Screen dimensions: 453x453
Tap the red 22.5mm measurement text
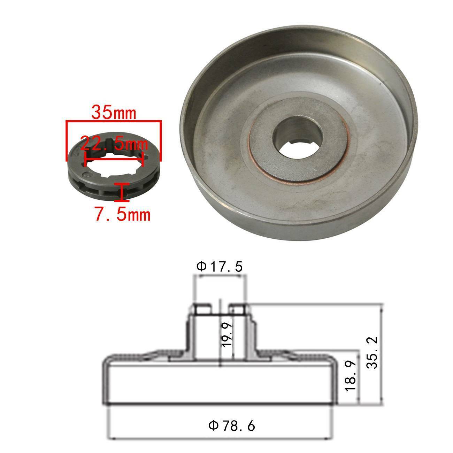(114, 144)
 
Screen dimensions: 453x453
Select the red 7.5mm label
(123, 214)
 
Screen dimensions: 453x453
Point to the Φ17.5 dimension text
(219, 267)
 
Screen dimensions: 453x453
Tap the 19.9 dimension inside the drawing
(227, 335)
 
